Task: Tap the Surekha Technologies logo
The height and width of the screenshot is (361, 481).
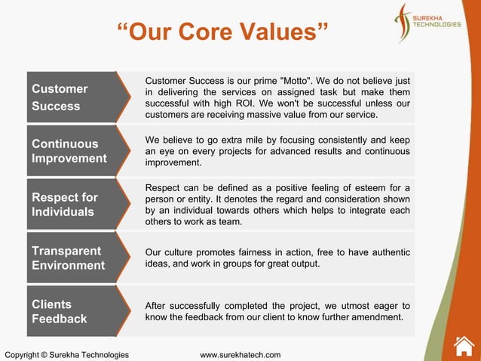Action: [427, 23]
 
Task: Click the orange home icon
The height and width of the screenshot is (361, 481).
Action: [464, 345]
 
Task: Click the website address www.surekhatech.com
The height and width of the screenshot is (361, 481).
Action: [240, 355]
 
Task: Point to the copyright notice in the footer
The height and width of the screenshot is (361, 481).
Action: [66, 355]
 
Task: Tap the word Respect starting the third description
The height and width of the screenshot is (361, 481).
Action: [163, 188]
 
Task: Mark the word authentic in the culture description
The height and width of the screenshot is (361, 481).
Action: [389, 253]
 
